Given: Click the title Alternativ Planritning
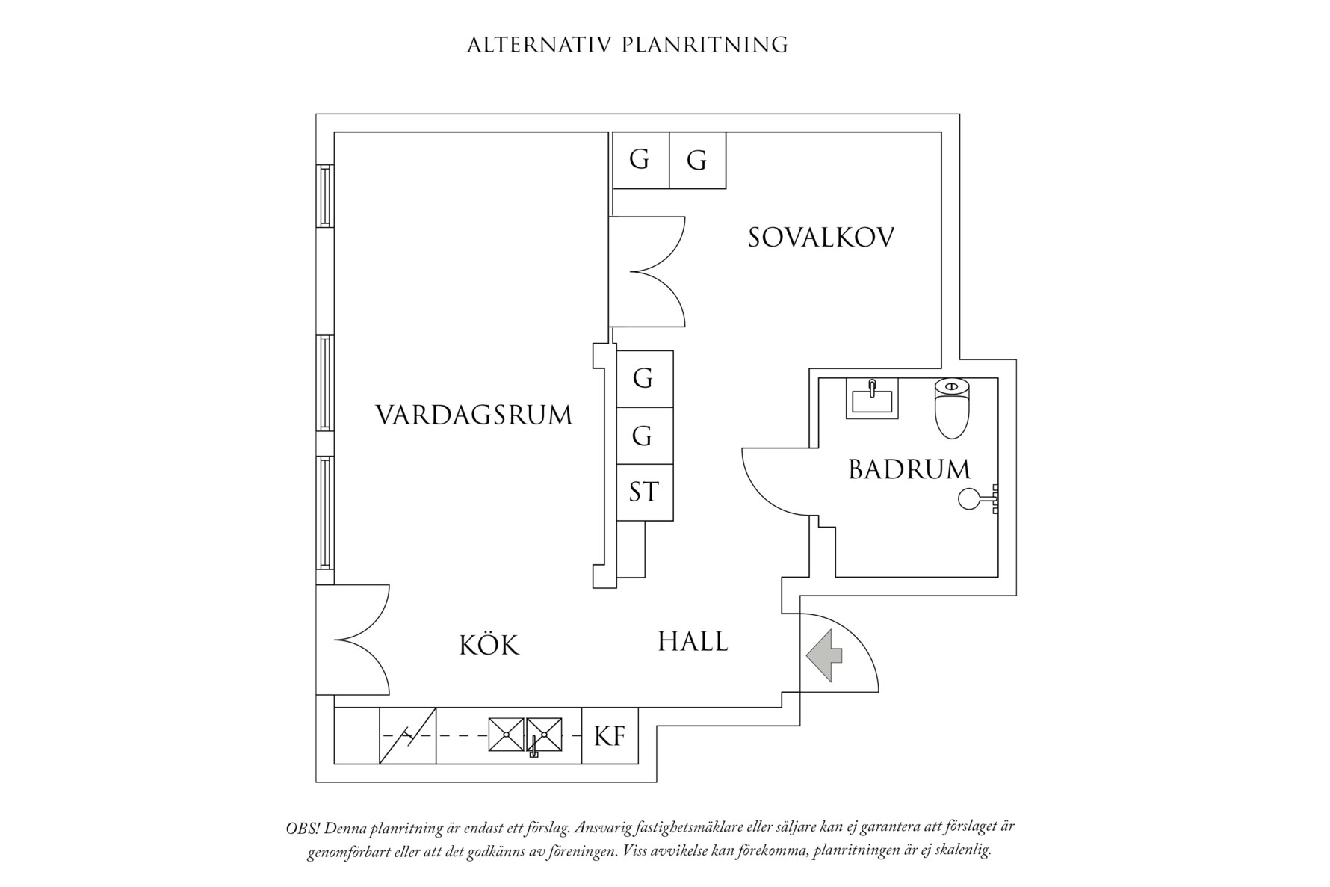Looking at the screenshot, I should pos(627,45).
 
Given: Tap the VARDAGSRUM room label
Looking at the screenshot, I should pos(474,415).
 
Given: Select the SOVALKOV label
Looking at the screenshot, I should pos(821,238).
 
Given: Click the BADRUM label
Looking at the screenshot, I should pos(909,469).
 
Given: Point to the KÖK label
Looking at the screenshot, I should pos(489,645).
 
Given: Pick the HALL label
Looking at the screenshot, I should pos(693,642).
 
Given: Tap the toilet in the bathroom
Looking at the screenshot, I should pos(951,408).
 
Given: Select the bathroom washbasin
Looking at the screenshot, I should pos(872,399).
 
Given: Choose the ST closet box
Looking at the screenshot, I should pos(644,492).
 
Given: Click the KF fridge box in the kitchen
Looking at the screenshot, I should pos(610,736).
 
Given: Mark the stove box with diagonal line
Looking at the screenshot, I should pos(408,736).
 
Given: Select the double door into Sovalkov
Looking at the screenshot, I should pos(646,272).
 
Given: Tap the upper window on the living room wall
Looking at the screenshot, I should pos(325,196).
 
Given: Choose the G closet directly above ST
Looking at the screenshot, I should pos(644,435).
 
